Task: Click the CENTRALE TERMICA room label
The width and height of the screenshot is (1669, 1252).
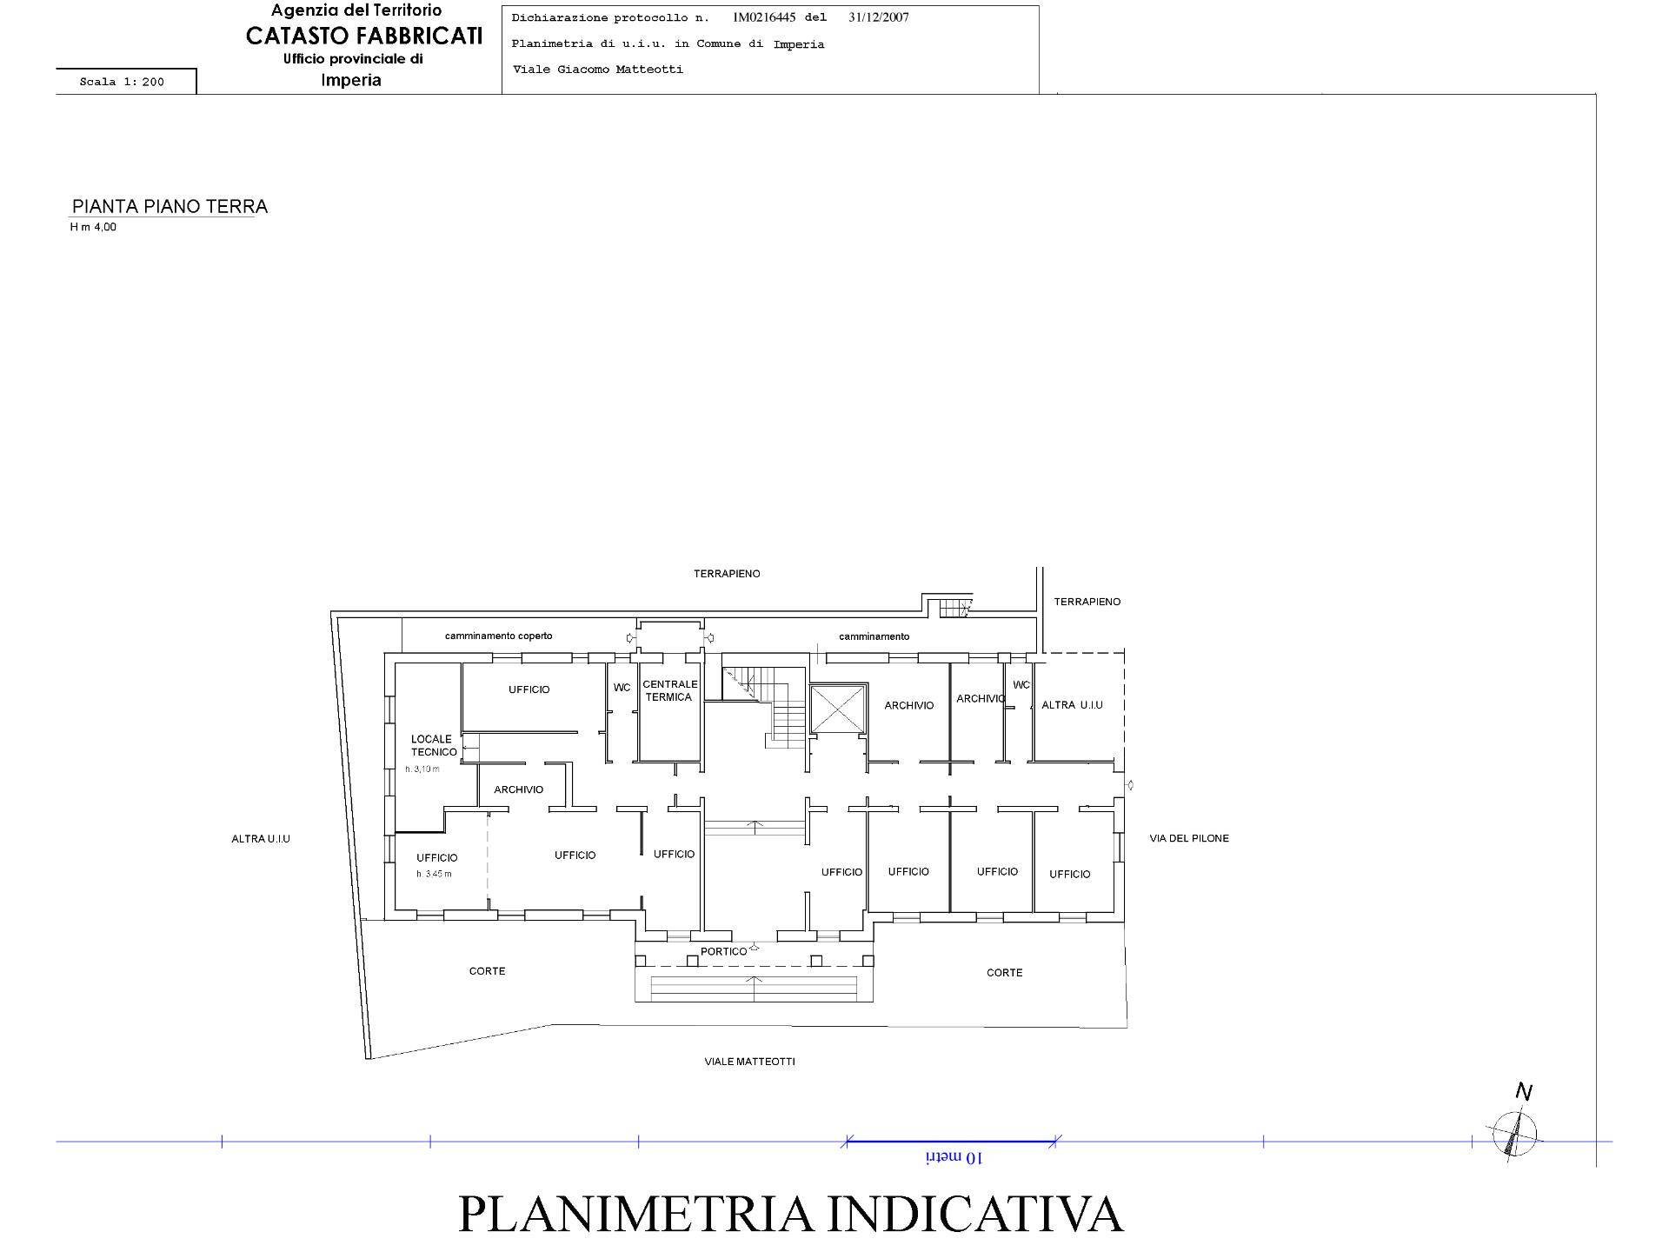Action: coord(669,690)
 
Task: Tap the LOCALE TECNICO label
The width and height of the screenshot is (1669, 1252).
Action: coord(433,745)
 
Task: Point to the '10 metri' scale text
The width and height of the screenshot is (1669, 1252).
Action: coord(954,1158)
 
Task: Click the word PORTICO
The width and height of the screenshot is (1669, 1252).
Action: coord(723,951)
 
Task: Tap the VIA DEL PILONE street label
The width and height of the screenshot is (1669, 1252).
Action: coord(1188,838)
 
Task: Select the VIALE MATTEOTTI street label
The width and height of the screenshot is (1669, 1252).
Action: coord(749,1062)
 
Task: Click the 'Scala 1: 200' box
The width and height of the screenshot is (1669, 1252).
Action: coord(123,82)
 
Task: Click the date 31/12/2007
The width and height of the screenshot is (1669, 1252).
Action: coord(878,17)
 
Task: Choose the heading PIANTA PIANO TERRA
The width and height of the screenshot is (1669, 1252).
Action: coord(170,207)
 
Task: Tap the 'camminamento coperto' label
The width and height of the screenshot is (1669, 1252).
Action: coord(498,636)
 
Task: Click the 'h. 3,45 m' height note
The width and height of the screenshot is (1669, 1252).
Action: coord(434,874)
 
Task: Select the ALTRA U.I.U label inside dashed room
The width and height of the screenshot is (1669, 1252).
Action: coord(1072,705)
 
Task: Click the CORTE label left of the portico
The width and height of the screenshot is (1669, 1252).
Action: coord(487,971)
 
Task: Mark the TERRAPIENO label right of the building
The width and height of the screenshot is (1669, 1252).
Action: coord(1087,602)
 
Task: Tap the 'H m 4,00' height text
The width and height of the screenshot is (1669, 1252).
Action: coord(93,228)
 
